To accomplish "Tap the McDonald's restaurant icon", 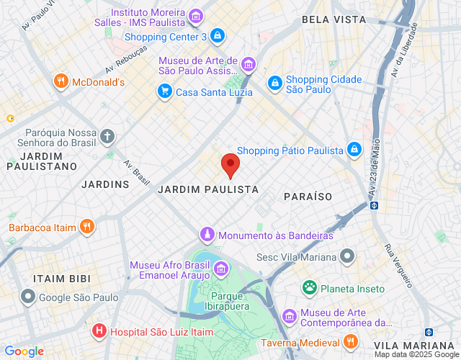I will click(x=61, y=82).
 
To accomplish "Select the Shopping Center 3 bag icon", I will click(x=218, y=36).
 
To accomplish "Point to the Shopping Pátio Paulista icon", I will click(x=354, y=150).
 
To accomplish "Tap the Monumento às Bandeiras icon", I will click(x=207, y=235).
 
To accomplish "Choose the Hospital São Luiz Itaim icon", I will click(x=99, y=331).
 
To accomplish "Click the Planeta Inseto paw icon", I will click(x=310, y=288).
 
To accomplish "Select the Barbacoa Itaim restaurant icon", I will click(x=87, y=228).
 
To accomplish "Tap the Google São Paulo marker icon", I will click(x=28, y=297).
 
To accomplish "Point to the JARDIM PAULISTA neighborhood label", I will click(x=207, y=189).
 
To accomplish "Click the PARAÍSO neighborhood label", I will click(x=308, y=196).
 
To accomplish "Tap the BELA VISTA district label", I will click(x=334, y=19).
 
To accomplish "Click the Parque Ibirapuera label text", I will click(x=230, y=301).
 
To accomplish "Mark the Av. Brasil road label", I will click(x=136, y=172).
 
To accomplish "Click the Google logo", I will click(x=24, y=351).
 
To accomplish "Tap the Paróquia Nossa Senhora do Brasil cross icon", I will click(x=107, y=136).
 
